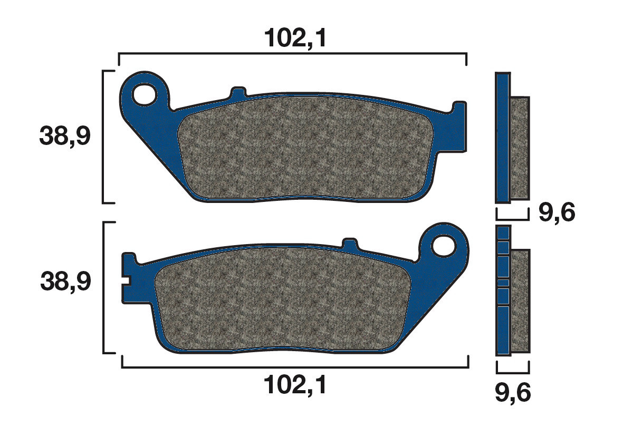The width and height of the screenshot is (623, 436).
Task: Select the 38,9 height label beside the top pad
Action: point(65,137)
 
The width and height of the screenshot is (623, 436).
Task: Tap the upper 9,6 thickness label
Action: point(556,213)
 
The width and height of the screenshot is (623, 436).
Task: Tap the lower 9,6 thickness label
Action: point(513,392)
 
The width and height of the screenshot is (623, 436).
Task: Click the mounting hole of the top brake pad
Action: point(144,95)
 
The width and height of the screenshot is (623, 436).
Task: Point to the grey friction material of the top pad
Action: point(306,148)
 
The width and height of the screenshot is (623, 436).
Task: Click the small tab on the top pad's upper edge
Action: point(238,92)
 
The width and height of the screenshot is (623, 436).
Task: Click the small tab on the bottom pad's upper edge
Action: point(350,244)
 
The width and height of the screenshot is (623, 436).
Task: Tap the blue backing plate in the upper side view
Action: point(503,137)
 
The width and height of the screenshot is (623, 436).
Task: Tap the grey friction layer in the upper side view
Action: point(520,148)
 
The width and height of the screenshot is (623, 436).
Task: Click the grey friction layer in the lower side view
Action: point(520,301)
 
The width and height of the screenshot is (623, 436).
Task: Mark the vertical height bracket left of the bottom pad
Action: point(104,287)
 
